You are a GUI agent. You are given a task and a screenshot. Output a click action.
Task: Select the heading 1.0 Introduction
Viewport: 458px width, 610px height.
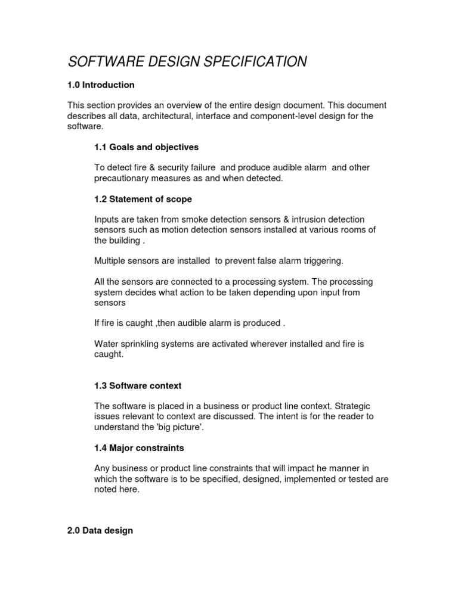[101, 85]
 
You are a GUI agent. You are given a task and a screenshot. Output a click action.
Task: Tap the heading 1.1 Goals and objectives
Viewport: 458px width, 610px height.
[146, 147]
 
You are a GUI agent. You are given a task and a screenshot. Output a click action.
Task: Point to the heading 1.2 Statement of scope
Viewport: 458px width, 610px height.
[143, 199]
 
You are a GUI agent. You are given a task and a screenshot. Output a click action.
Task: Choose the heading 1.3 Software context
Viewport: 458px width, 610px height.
[138, 386]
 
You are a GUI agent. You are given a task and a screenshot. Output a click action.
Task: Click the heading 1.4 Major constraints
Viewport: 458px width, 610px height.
[139, 447]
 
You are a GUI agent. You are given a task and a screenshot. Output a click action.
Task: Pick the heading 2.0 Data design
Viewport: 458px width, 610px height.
[100, 530]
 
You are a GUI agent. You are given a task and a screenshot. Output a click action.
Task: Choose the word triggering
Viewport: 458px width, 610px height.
[322, 261]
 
